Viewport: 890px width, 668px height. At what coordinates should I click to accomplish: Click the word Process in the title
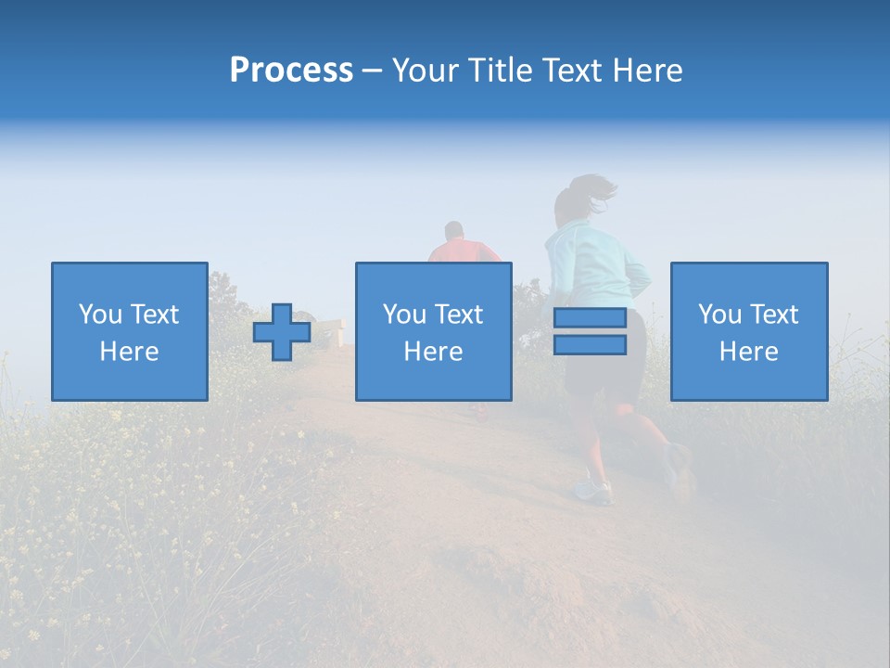(291, 71)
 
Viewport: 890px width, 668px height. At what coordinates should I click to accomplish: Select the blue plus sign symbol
(282, 332)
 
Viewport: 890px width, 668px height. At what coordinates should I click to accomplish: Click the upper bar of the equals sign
(590, 318)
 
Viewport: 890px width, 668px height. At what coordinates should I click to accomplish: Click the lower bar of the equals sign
(590, 345)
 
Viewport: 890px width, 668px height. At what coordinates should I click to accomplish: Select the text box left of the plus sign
(129, 331)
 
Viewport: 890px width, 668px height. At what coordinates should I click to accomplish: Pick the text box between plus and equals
(433, 331)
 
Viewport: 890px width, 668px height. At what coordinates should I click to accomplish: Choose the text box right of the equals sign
(748, 331)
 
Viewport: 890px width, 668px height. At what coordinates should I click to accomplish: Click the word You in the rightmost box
(718, 315)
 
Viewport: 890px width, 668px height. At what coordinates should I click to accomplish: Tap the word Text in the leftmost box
(154, 315)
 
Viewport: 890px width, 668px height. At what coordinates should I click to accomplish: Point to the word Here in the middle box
(433, 352)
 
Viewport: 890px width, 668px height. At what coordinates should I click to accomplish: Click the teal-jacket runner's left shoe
(593, 491)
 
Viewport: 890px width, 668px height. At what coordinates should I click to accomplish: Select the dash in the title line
(372, 71)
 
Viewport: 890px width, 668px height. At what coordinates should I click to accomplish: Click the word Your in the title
(426, 71)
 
